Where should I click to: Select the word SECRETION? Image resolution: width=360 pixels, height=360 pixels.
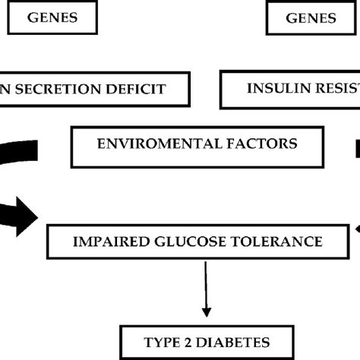click(65, 89)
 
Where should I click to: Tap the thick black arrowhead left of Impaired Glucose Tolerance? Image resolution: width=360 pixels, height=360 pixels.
click(26, 216)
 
